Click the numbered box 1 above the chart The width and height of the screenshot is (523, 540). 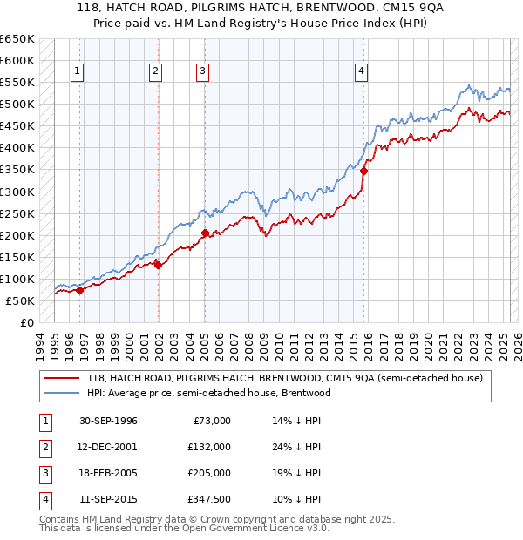78,72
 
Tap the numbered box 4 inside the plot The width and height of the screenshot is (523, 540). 360,72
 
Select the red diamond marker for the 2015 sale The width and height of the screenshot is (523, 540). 363,172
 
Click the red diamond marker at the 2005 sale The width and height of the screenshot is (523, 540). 205,233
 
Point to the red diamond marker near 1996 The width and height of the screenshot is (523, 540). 79,291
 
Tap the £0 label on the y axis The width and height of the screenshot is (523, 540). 27,322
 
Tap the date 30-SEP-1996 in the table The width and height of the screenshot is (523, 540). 108,421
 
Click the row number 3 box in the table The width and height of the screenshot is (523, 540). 44,473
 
